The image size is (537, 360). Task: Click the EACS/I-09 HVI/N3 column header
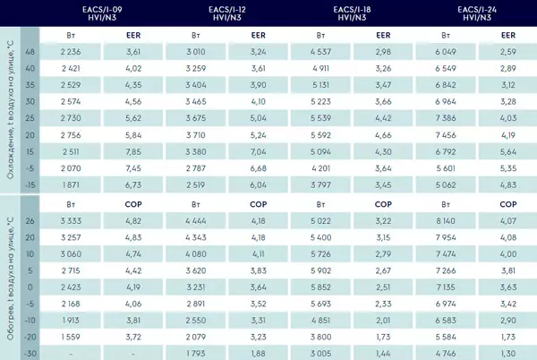[102, 13]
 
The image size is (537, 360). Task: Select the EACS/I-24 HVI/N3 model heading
[477, 13]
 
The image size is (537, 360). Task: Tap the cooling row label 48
[30, 52]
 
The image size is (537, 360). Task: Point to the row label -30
[30, 354]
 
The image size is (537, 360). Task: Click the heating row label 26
[30, 221]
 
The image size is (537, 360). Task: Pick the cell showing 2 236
[71, 52]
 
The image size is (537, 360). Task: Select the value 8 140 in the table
[446, 221]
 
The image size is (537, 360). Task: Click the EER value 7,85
[133, 151]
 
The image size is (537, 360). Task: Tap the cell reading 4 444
[196, 221]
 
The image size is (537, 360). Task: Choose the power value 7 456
[446, 135]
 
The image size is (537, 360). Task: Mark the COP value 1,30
[508, 354]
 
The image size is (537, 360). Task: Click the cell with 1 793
[196, 354]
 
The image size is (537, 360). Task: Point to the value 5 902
[321, 270]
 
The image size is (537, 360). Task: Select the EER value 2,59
[508, 52]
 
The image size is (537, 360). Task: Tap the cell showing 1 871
[71, 185]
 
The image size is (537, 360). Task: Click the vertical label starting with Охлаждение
[10, 109]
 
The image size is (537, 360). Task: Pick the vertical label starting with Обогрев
[10, 279]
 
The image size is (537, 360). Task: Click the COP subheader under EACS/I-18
[383, 204]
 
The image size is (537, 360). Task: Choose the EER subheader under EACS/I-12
[259, 35]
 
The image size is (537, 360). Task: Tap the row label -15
[30, 185]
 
